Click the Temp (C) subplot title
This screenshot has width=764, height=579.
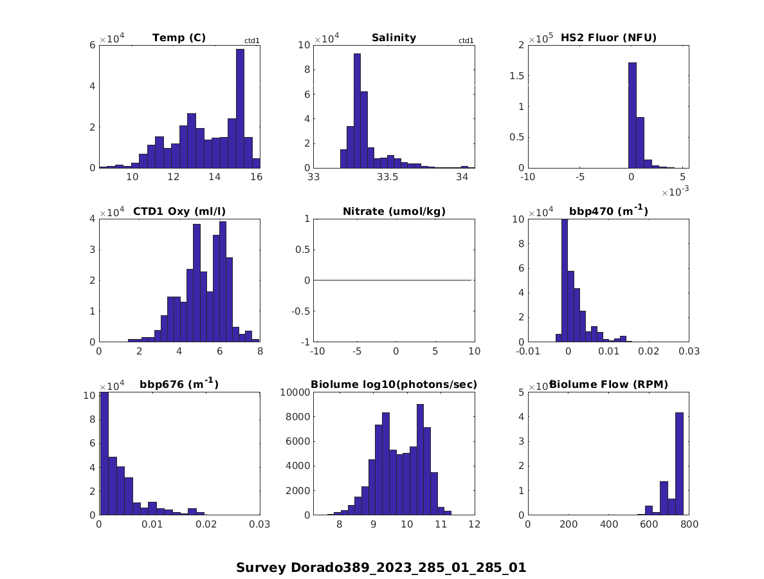179,37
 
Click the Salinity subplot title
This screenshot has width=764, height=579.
394,37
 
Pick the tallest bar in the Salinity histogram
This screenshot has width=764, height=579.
357,110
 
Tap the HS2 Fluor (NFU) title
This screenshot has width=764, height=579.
608,37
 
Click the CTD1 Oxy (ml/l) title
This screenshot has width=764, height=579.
179,211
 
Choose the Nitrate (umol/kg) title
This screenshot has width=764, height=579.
394,211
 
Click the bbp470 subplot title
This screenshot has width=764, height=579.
608,210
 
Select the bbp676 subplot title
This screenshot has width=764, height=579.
179,384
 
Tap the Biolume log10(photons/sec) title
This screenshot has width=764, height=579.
394,385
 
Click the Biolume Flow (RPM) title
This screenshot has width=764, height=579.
608,385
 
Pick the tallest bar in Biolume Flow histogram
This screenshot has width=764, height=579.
679,463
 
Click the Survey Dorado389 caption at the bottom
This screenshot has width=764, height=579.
381,567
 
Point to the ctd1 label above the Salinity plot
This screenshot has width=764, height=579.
466,41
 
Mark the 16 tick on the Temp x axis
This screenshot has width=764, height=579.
256,178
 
